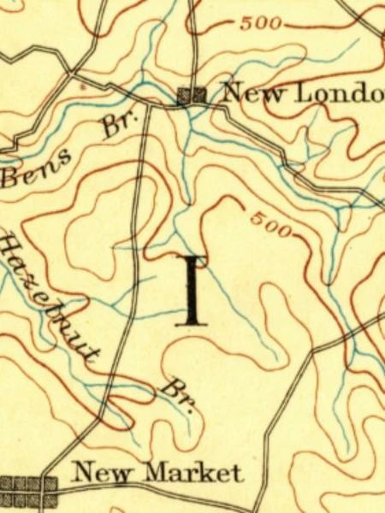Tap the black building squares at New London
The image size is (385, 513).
coord(192,96)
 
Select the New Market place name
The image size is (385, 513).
coord(157,472)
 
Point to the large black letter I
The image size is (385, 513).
coord(193,291)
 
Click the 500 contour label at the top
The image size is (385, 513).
coord(260,23)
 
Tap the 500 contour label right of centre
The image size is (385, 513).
coord(273,223)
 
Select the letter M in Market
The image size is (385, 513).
coord(156,472)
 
